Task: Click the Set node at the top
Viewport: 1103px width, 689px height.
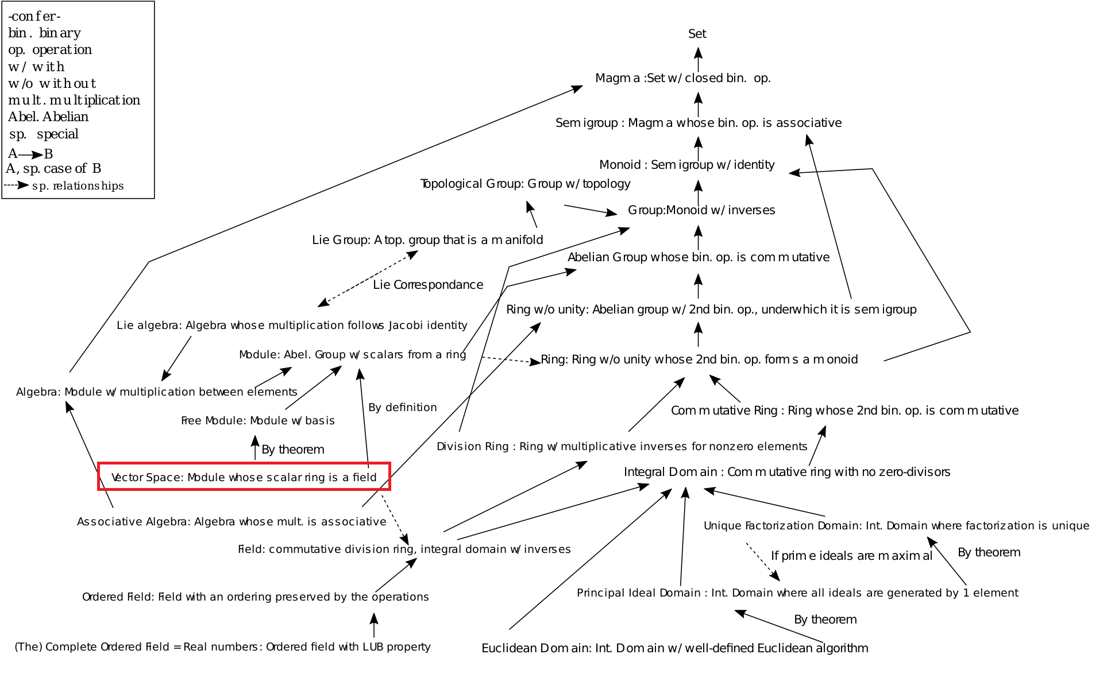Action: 697,34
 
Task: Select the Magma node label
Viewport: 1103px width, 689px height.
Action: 682,78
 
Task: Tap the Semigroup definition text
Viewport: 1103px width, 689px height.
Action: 698,123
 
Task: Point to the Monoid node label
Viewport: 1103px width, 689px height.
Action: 687,165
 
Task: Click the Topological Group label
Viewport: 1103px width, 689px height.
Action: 525,184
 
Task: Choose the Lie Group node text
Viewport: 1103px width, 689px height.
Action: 427,240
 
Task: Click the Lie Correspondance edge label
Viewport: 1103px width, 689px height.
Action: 428,285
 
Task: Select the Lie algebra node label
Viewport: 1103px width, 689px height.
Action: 292,326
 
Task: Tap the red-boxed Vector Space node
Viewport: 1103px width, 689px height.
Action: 244,477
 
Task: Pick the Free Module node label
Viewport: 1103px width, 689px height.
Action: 258,421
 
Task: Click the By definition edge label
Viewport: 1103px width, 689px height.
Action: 403,408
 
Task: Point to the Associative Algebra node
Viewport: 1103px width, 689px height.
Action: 232,522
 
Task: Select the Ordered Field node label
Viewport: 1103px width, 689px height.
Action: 255,597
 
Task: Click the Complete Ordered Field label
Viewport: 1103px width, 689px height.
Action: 222,647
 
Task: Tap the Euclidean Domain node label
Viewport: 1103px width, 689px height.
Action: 674,648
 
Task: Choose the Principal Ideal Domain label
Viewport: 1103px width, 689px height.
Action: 797,593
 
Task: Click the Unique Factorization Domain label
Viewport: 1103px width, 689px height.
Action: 896,526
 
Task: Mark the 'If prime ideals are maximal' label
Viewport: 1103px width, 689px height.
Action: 851,556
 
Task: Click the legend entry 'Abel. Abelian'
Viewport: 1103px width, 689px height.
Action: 48,117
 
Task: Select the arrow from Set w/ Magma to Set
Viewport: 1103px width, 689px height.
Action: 698,59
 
